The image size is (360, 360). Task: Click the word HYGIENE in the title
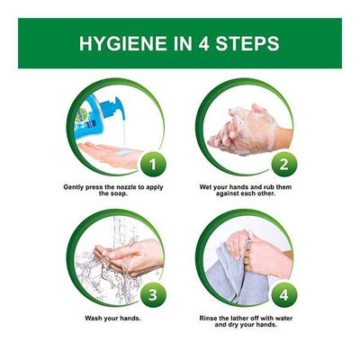pos(122,43)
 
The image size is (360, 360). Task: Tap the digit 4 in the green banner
pos(202,43)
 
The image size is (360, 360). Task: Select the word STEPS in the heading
pos(247,43)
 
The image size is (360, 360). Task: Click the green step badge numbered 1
pos(153,164)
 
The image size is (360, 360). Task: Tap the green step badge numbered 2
pos(283,164)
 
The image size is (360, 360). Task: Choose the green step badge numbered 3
pos(153,294)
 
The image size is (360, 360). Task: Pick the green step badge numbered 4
pos(283,294)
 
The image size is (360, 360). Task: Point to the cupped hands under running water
pos(129,257)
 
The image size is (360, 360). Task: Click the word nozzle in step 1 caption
pos(126,187)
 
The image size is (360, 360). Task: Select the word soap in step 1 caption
pos(118,193)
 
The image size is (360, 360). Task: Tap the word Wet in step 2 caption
pos(206,187)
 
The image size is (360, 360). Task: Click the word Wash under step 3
pos(94,318)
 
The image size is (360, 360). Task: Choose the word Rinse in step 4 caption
pos(209,318)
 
